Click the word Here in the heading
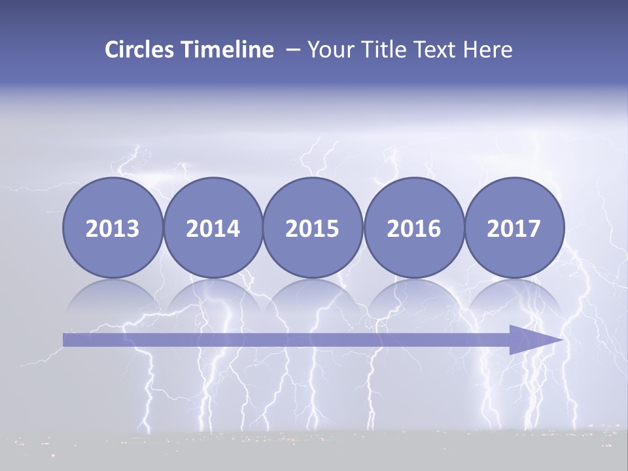pyautogui.click(x=488, y=50)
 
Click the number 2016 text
pyautogui.click(x=413, y=229)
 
